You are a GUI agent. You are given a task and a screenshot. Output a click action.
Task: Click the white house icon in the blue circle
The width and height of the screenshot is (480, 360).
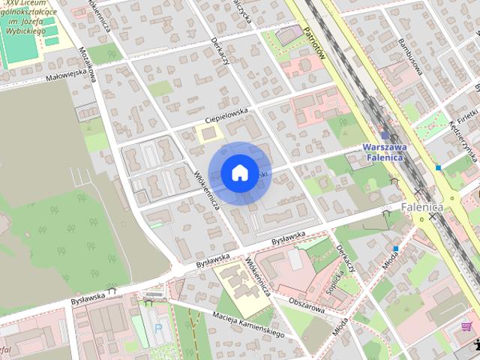click(238, 172)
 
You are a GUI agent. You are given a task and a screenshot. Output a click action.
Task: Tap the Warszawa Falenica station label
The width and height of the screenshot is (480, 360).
click(383, 152)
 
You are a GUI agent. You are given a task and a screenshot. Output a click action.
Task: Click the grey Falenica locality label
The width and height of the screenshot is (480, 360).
click(422, 206)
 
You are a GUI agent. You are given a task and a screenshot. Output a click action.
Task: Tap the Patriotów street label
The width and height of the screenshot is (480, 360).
click(313, 43)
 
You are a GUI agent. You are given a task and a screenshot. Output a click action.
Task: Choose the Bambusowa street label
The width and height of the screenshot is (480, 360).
click(412, 52)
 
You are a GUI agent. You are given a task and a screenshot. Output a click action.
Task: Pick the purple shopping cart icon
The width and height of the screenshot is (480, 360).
click(466, 326)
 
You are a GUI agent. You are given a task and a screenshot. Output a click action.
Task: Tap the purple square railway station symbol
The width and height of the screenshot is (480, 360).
click(385, 136)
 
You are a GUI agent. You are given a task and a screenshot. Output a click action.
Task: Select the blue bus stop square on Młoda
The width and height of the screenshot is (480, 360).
click(395, 248)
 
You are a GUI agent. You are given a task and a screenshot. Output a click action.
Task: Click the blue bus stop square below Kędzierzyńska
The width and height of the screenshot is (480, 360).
click(438, 168)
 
